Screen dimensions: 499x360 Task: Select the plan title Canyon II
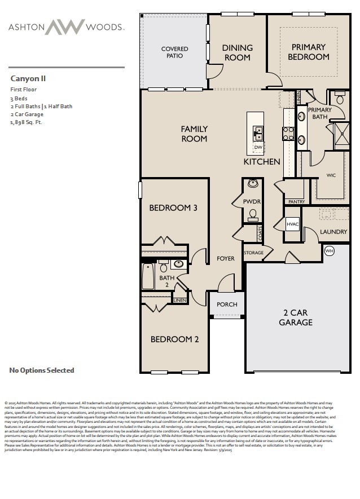pyautogui.click(x=28, y=79)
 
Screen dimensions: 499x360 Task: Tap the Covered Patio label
pyautogui.click(x=174, y=53)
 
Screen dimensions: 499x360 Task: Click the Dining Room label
pyautogui.click(x=237, y=52)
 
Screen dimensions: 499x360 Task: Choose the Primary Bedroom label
pyautogui.click(x=308, y=52)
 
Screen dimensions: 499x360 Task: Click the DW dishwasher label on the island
pyautogui.click(x=258, y=148)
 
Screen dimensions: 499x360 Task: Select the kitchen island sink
pyautogui.click(x=258, y=133)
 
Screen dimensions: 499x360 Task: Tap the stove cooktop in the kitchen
pyautogui.click(x=288, y=134)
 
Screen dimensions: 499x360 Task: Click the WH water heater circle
pyautogui.click(x=330, y=250)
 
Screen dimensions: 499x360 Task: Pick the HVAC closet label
pyautogui.click(x=292, y=224)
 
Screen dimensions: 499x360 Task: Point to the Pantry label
pyautogui.click(x=296, y=201)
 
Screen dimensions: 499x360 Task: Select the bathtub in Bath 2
pyautogui.click(x=148, y=276)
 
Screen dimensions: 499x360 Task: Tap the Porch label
pyautogui.click(x=227, y=304)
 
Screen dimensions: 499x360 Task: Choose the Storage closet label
pyautogui.click(x=254, y=253)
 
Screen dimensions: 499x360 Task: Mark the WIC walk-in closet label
pyautogui.click(x=331, y=175)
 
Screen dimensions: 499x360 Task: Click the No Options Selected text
pyautogui.click(x=42, y=370)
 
